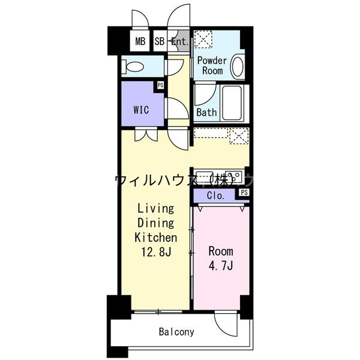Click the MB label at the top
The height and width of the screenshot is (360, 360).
coord(140,41)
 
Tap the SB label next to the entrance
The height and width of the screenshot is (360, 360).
coord(159,41)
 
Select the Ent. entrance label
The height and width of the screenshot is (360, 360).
coord(179,41)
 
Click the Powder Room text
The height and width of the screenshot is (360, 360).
coord(212,65)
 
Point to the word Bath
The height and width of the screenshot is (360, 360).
coord(206,112)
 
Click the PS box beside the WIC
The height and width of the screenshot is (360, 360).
coord(160,85)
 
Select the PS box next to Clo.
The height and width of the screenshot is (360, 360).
coord(244,192)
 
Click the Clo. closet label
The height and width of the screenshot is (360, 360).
coord(215,196)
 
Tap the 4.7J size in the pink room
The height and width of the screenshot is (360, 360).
coord(221,265)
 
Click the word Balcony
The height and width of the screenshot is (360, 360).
coord(176,331)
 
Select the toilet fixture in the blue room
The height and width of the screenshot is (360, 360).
coord(133,67)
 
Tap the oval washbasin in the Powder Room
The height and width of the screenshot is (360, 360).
coord(238,67)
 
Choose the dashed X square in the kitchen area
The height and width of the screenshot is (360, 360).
coord(239,136)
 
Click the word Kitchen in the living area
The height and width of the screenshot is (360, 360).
coord(156,237)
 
